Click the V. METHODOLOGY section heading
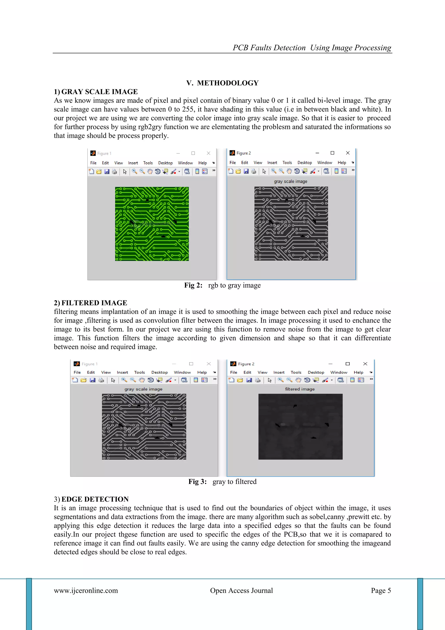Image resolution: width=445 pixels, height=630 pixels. click(x=222, y=83)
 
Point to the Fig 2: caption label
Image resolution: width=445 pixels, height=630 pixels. click(x=193, y=285)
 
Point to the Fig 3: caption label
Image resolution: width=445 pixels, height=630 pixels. click(x=197, y=482)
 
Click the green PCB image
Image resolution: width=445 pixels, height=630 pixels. click(x=152, y=224)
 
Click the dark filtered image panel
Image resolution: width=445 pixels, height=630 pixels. click(x=300, y=426)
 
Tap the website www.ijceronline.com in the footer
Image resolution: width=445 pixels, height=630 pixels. click(x=86, y=590)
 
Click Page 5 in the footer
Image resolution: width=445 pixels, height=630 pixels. click(x=381, y=590)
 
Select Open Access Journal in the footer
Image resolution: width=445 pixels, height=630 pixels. click(x=241, y=590)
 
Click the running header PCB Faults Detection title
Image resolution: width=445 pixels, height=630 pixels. click(x=312, y=48)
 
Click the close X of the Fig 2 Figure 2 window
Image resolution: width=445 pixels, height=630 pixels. click(x=348, y=153)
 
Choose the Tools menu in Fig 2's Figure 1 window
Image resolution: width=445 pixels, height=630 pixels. click(x=148, y=163)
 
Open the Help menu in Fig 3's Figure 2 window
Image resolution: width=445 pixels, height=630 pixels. click(x=358, y=372)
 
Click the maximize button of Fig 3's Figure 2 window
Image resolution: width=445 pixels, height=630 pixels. click(x=347, y=364)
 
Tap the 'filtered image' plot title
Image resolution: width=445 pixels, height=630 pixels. click(x=300, y=389)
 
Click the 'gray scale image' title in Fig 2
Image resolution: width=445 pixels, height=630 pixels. click(x=291, y=181)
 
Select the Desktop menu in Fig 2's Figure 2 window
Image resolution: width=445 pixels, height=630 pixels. click(x=305, y=163)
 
